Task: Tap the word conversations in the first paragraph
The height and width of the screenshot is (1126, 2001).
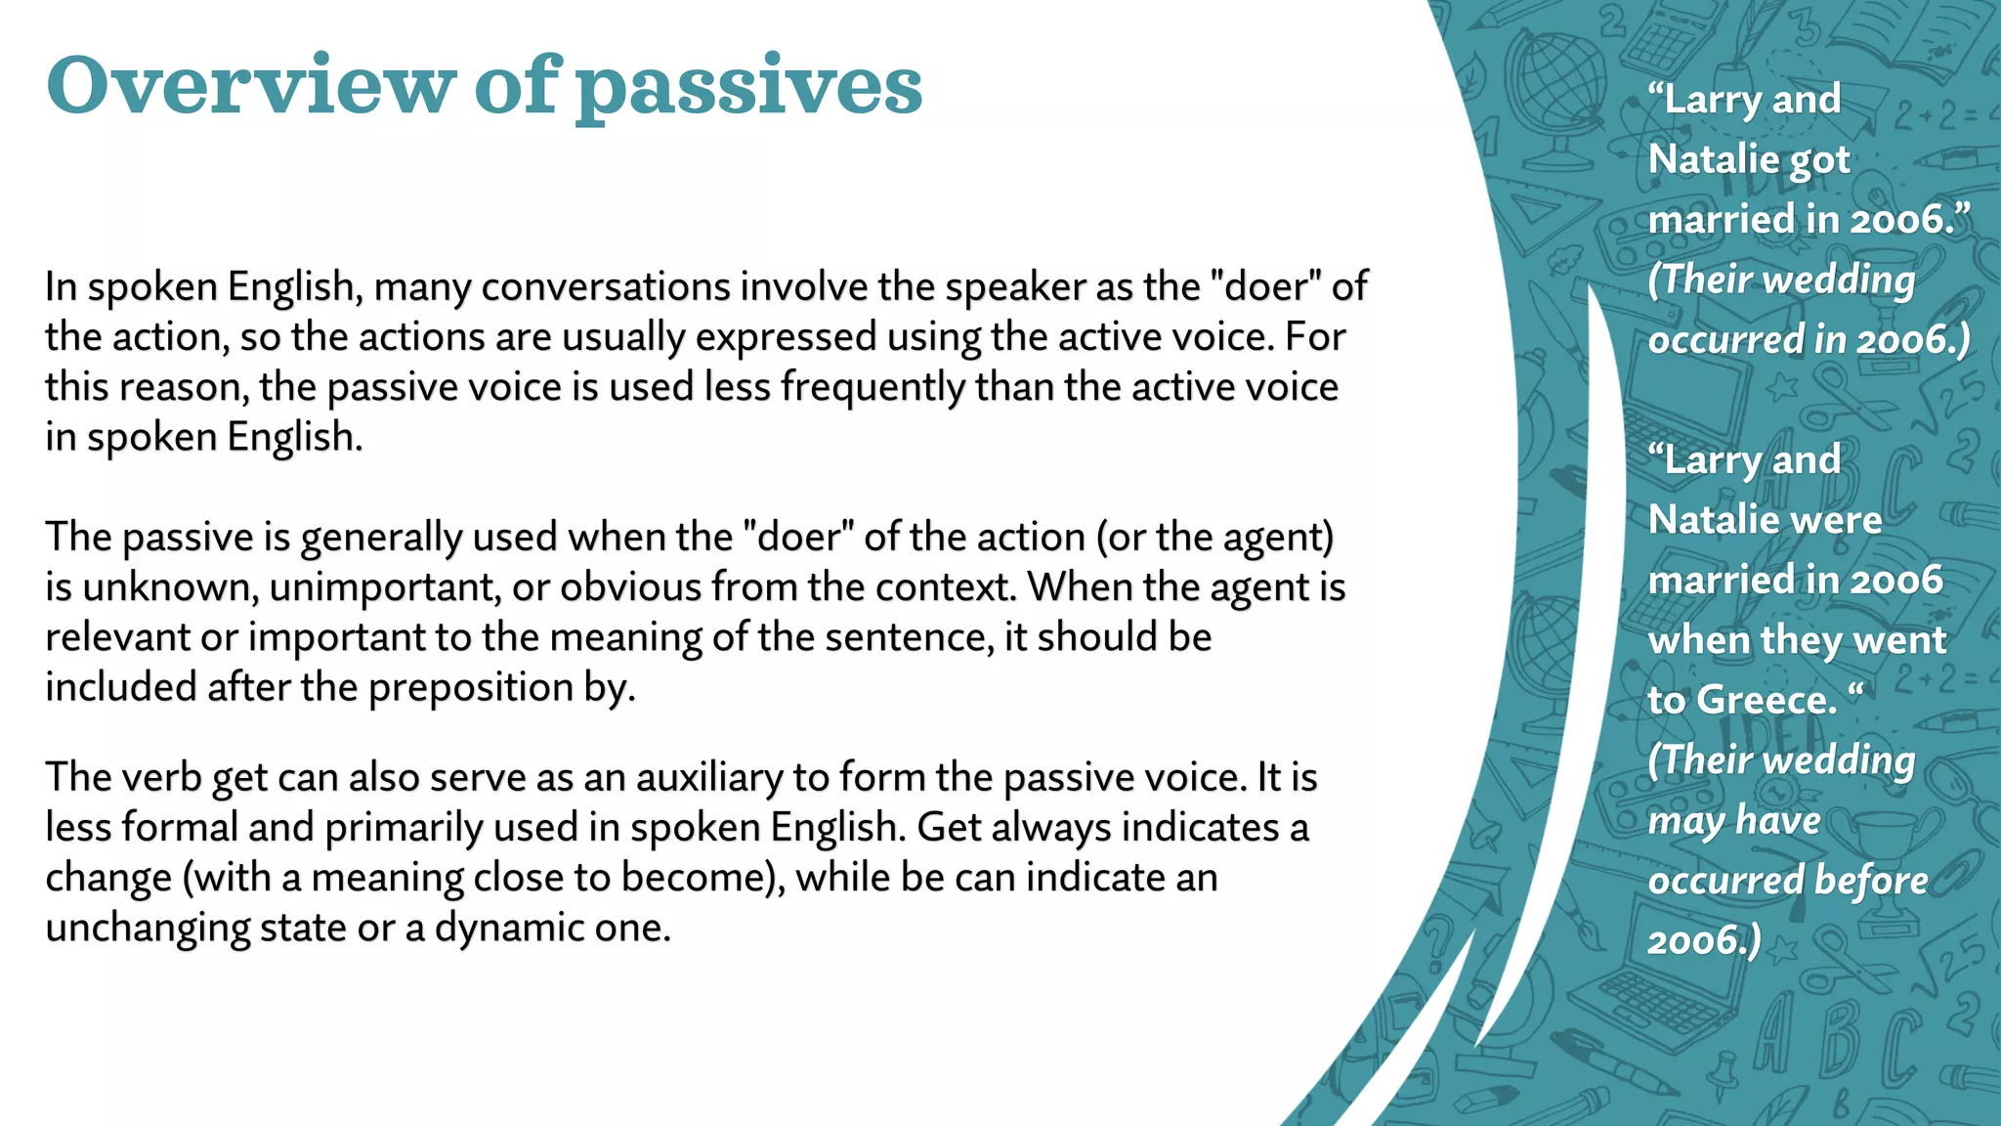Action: [606, 287]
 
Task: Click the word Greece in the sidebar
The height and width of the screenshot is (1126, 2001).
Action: [1767, 700]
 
